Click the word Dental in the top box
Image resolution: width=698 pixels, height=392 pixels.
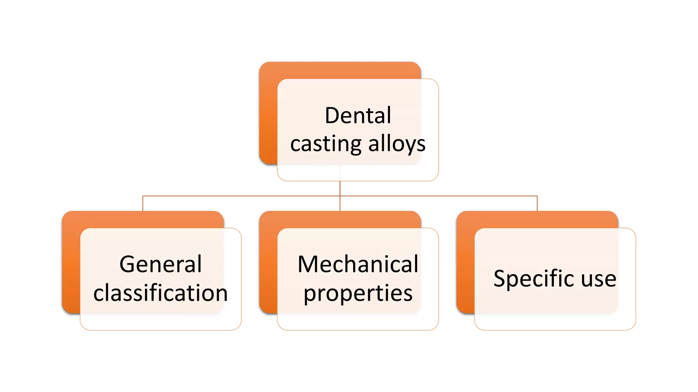(x=358, y=116)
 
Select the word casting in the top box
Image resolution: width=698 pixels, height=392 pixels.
(x=325, y=144)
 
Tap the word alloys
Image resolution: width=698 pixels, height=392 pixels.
(x=397, y=144)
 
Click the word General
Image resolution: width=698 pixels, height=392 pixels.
(x=161, y=264)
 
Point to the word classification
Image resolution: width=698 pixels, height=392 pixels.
(x=161, y=293)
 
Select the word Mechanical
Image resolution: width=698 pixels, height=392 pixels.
(x=358, y=264)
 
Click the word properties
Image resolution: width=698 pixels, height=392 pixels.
(x=358, y=294)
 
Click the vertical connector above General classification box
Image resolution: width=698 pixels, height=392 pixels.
(x=143, y=203)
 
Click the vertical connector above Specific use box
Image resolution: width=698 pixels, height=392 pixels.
(x=537, y=203)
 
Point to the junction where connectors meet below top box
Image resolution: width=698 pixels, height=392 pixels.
(x=340, y=196)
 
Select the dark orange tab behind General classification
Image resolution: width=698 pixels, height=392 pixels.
(x=71, y=262)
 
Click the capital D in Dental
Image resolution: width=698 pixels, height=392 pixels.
(x=332, y=116)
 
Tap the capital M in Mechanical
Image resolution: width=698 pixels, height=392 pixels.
(x=308, y=264)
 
